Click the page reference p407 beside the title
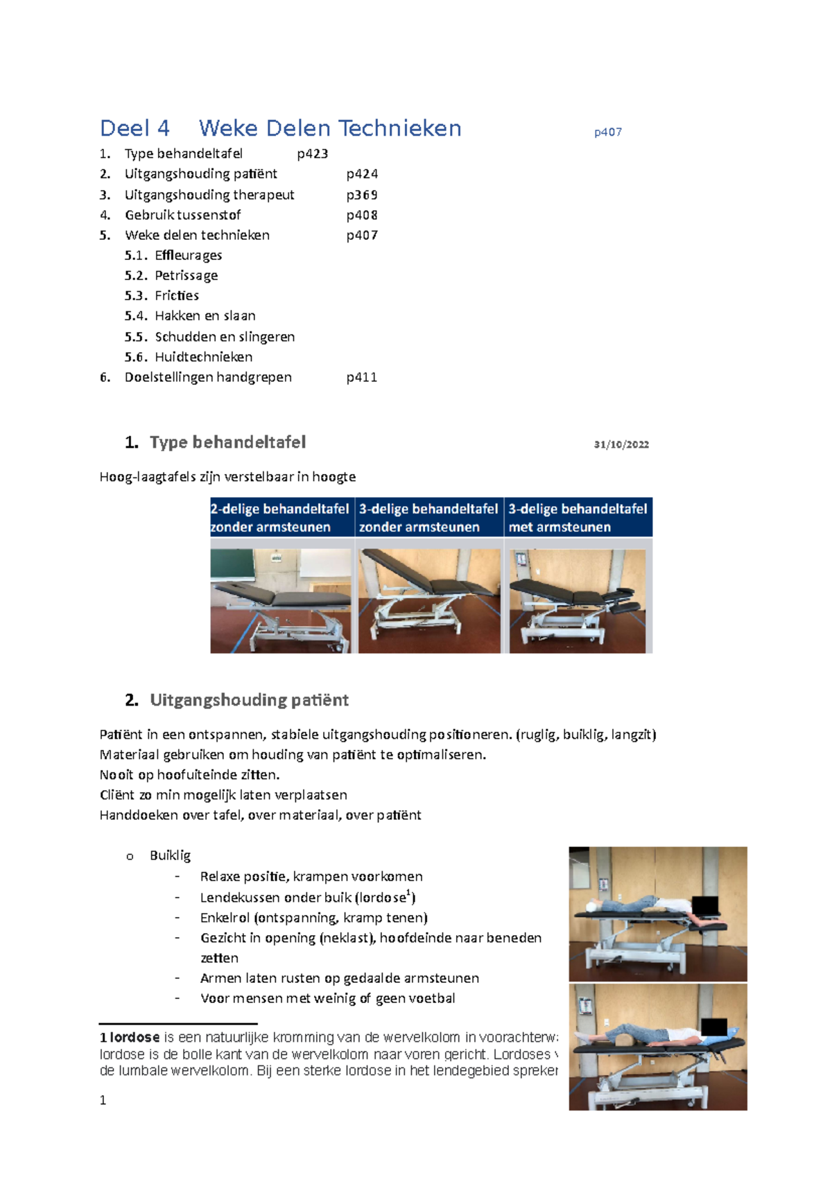click(x=607, y=132)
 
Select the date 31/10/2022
click(x=621, y=444)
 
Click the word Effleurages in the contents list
click(x=188, y=255)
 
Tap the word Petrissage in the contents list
click(x=186, y=275)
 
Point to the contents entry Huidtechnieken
click(x=203, y=357)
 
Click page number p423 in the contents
click(x=312, y=154)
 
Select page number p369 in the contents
click(x=362, y=195)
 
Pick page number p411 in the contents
click(x=361, y=377)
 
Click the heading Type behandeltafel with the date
click(x=227, y=442)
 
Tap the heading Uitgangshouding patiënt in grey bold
click(x=249, y=700)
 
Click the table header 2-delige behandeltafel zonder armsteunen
click(x=280, y=517)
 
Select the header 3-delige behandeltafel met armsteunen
click(x=578, y=517)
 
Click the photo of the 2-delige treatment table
click(x=281, y=600)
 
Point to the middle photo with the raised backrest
click(x=429, y=600)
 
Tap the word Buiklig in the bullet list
click(x=170, y=855)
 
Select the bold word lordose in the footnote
click(x=135, y=1038)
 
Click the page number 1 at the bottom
click(x=103, y=1100)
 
